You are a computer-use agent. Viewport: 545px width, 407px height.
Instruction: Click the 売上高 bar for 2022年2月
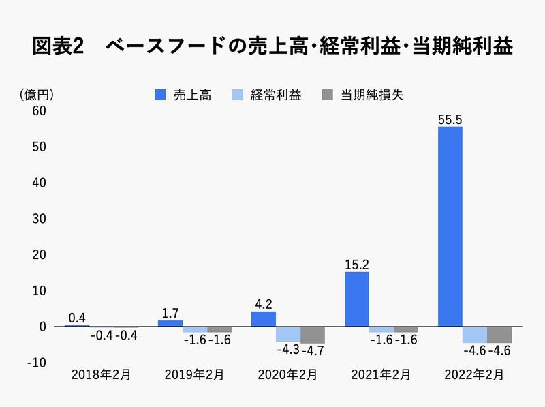pyautogui.click(x=450, y=226)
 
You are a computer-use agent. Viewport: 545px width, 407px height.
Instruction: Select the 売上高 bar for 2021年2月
pyautogui.click(x=357, y=299)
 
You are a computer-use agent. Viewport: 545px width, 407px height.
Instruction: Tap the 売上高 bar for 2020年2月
pyautogui.click(x=264, y=318)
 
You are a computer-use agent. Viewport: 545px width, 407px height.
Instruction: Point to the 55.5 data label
pyautogui.click(x=450, y=119)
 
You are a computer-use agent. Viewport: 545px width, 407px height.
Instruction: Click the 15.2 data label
pyautogui.click(x=356, y=264)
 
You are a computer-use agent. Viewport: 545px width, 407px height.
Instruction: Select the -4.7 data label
pyautogui.click(x=313, y=351)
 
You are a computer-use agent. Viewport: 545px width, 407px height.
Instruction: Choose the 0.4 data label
pyautogui.click(x=77, y=318)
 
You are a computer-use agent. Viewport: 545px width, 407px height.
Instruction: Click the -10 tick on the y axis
pyautogui.click(x=37, y=363)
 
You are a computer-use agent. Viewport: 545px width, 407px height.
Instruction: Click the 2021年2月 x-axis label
pyautogui.click(x=380, y=374)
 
